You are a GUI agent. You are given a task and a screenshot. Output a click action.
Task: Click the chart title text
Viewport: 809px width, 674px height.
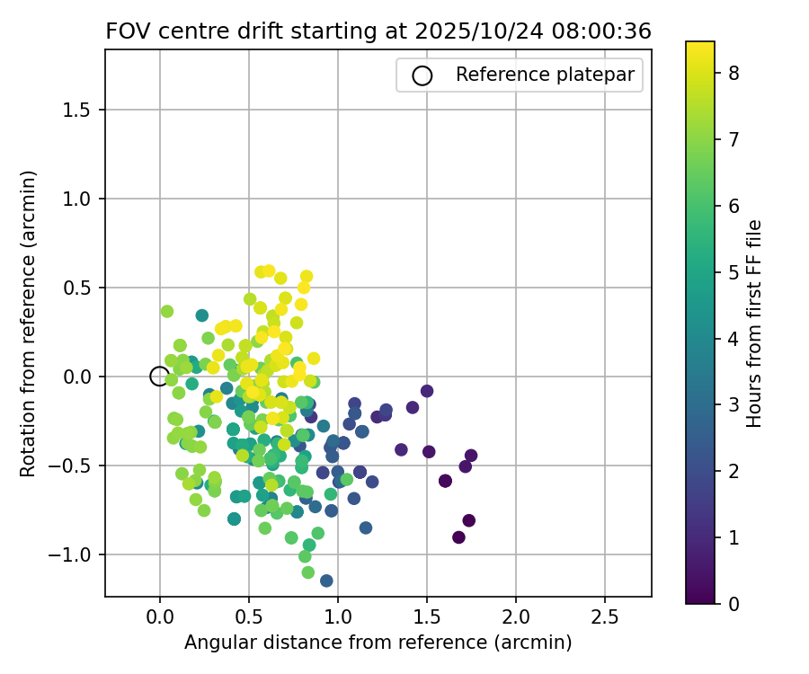[378, 31]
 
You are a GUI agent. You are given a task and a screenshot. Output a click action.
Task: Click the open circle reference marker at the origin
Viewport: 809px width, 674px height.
[159, 377]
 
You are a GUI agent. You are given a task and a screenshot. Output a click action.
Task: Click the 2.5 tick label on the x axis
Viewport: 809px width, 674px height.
[604, 618]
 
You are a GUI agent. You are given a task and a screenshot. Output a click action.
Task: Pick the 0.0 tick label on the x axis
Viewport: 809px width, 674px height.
[159, 618]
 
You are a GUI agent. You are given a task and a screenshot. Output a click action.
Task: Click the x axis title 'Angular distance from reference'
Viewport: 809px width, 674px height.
[378, 643]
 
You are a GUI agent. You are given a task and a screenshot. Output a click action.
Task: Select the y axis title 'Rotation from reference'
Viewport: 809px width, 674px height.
[28, 324]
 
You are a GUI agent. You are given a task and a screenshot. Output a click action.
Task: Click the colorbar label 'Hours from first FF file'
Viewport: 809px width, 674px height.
[755, 324]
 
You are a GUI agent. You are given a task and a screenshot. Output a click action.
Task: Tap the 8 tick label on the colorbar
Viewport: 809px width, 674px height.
[733, 74]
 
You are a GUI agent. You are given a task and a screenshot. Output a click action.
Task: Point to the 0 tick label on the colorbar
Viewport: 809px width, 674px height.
[733, 603]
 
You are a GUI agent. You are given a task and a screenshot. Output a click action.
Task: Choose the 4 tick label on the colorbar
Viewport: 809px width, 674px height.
[733, 338]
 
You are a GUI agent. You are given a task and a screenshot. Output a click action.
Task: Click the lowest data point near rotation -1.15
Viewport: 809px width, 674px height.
[326, 581]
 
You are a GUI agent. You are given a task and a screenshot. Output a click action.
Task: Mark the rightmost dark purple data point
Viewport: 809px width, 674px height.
[471, 456]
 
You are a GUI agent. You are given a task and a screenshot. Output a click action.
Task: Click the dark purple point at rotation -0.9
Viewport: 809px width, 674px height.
[458, 537]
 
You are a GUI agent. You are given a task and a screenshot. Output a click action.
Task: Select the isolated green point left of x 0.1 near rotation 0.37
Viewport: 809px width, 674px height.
[166, 311]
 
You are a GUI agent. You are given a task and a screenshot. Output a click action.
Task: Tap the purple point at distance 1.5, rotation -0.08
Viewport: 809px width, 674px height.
[427, 391]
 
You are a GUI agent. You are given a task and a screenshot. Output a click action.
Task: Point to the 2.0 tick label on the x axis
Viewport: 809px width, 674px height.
[515, 618]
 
